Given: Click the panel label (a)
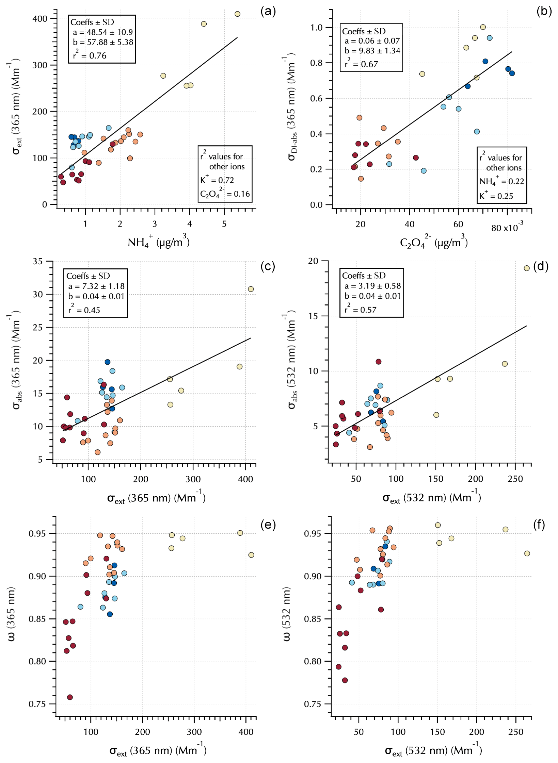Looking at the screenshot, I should (268, 11).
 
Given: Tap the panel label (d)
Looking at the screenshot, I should (541, 266).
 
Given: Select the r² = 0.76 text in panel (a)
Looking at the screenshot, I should (90, 55).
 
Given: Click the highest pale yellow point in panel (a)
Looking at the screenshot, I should (237, 14).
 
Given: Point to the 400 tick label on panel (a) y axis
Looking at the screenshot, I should (40, 19).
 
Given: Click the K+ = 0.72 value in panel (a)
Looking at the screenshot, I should (217, 180).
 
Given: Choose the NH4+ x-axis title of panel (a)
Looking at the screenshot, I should (158, 242).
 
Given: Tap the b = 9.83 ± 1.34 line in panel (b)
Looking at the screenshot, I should (372, 51).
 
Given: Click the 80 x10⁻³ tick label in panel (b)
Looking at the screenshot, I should (507, 227).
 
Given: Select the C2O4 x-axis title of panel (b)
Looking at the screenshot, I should (433, 242).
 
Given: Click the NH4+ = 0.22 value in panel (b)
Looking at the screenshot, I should (501, 181).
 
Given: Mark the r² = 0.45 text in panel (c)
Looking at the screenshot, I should (84, 310).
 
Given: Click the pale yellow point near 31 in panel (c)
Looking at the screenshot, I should (251, 289).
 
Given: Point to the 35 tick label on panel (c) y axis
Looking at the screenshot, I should (37, 262).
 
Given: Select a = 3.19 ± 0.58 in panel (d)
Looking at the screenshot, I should (372, 286).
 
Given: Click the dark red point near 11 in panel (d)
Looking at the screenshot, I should (378, 362).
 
